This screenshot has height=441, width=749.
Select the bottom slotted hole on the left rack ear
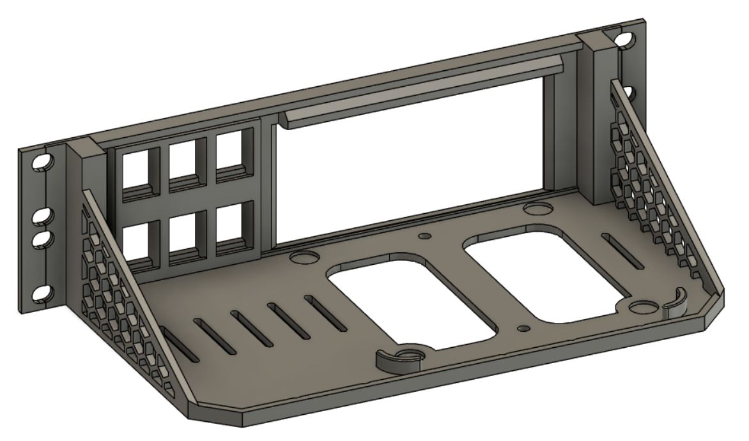40,293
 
